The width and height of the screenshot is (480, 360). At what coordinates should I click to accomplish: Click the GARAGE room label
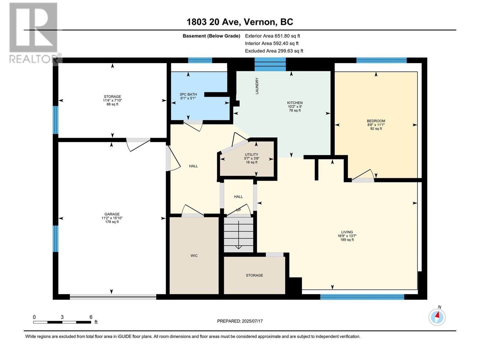coord(112,214)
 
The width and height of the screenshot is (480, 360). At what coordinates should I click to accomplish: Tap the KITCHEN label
coord(295,103)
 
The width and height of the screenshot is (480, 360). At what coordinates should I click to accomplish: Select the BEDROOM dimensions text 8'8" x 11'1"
coord(376,125)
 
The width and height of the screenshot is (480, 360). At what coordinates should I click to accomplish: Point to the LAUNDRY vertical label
coord(257,86)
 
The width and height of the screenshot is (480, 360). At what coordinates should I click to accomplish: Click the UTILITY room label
coord(251,154)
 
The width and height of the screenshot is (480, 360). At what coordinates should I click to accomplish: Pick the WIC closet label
coord(194,256)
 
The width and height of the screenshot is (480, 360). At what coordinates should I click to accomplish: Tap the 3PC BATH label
coord(188,94)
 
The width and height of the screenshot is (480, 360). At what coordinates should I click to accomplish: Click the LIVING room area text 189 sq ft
coord(347,240)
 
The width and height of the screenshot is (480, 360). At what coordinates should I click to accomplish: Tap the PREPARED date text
coord(240,321)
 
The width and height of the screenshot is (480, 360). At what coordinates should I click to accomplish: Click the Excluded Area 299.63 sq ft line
coord(274,51)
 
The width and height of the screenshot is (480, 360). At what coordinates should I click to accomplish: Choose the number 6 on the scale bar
coord(91,317)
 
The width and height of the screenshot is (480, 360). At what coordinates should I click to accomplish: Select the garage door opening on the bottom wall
coord(113,297)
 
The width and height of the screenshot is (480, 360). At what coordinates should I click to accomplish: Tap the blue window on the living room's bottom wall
coord(362,297)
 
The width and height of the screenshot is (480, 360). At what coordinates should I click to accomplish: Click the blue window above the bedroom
coord(381,60)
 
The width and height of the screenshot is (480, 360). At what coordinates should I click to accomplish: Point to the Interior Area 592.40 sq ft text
coord(271,43)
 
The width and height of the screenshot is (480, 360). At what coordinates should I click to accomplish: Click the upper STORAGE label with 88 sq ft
coord(112,100)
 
